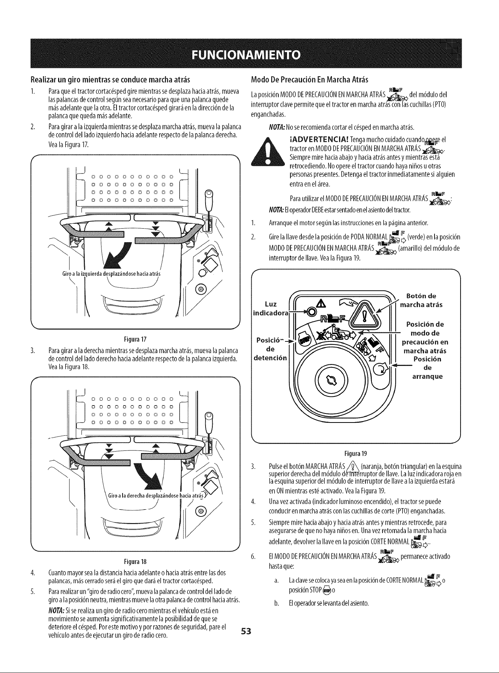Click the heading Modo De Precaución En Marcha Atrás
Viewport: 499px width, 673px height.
click(309, 80)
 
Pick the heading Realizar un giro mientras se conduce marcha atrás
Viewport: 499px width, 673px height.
click(110, 80)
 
